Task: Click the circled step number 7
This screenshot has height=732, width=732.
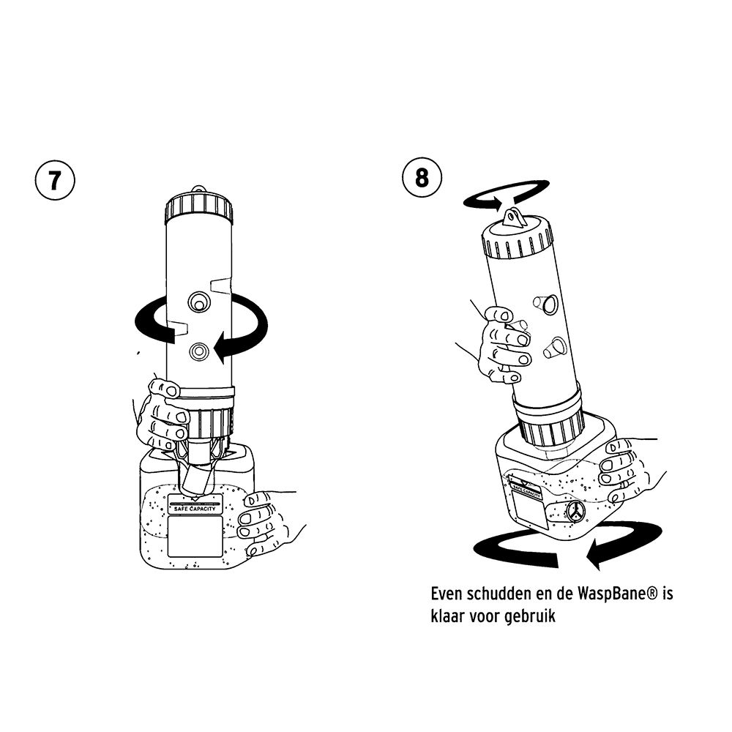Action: point(55,181)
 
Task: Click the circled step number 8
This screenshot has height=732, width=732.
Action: point(422,178)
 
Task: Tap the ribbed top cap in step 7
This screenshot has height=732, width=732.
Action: point(199,208)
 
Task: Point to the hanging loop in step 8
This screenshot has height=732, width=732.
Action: point(512,217)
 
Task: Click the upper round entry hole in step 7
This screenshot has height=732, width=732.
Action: point(199,302)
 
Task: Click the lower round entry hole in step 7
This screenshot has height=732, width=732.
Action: point(199,351)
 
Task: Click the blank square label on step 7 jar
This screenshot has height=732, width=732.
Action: point(195,537)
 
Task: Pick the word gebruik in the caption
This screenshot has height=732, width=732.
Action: point(530,616)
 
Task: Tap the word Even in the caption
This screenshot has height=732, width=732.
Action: point(447,594)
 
